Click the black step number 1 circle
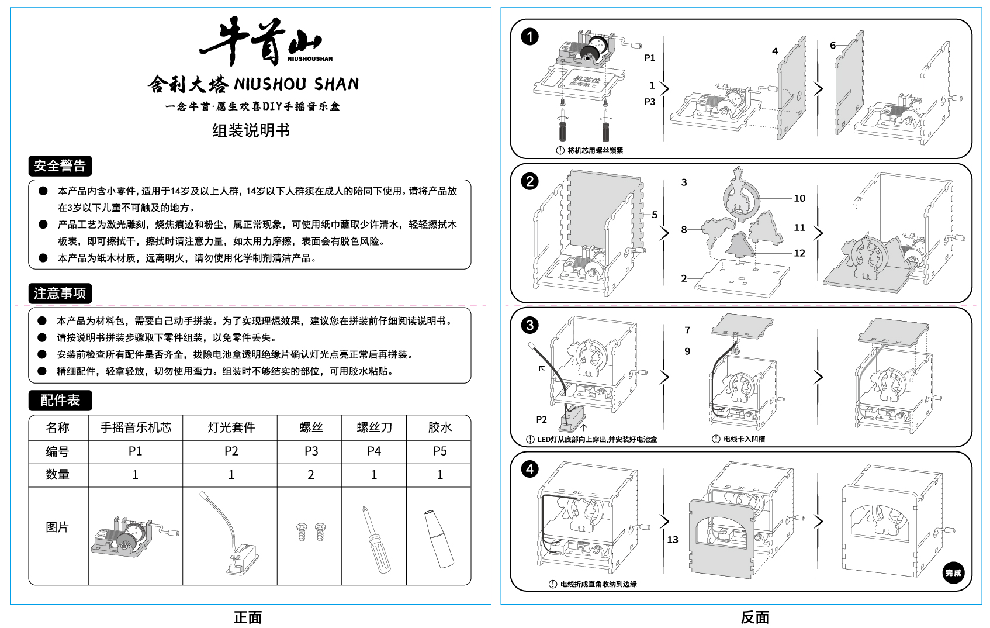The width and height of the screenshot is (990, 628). pos(529,37)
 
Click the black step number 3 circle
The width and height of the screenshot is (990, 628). pos(529,325)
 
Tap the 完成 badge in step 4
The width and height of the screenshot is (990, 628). pos(953,573)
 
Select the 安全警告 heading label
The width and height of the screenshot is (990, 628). pos(60,166)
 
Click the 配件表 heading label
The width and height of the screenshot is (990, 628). pos(60,401)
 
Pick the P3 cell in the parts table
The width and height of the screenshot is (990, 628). pos(311,451)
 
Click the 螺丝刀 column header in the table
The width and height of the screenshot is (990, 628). pos(374,427)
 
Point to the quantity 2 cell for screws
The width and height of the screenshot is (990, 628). pos(311,475)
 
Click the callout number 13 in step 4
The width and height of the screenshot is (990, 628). pos(673,540)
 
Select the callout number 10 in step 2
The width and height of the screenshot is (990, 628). pos(799,198)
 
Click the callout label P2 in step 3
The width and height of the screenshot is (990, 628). pos(541,419)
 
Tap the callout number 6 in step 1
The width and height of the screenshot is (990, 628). pos(833,45)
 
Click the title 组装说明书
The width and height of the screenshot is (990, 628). pos(251,130)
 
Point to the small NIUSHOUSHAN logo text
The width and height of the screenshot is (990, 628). pos(310,58)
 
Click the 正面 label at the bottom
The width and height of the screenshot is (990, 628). pos(248,617)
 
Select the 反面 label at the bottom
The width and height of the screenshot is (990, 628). pos(754,617)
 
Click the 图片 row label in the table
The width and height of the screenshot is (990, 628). pos(57,527)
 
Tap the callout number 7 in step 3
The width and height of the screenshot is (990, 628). pos(687,330)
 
